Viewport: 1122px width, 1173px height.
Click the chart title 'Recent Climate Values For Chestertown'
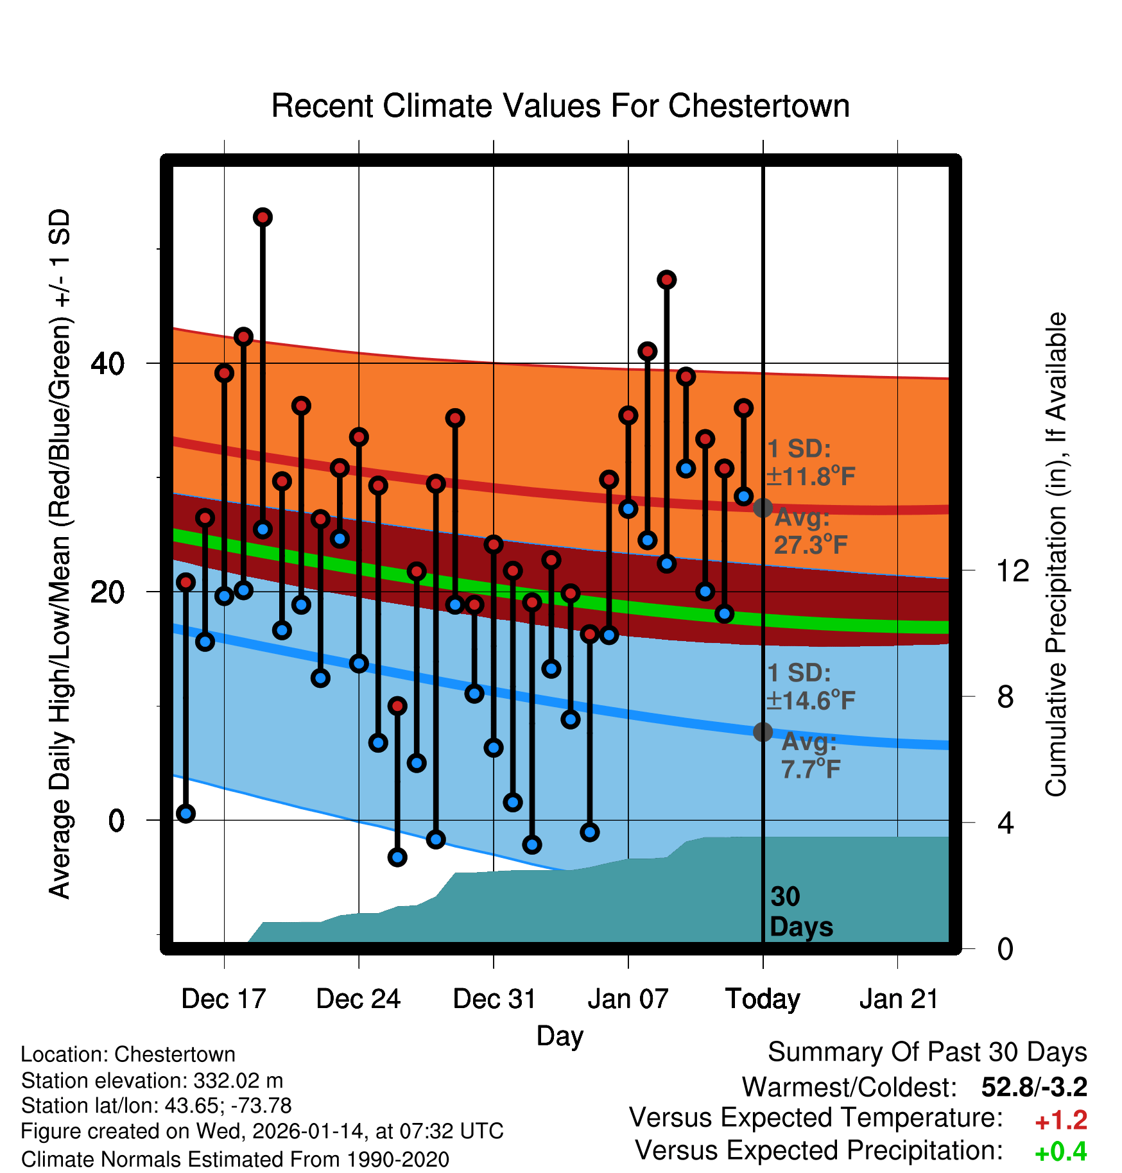560,106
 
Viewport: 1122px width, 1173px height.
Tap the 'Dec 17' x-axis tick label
223,999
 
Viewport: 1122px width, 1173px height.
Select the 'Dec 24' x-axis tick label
358,999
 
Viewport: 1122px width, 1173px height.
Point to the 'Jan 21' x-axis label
899,999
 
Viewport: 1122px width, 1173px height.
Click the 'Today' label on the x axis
763,999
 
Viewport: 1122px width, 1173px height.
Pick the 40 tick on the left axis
107,364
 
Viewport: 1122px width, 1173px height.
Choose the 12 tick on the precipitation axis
1012,570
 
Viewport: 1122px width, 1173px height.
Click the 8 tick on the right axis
1006,697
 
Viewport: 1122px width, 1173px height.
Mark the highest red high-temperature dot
263,218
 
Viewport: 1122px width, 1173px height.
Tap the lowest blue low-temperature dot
397,857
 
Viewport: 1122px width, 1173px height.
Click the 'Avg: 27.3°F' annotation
810,531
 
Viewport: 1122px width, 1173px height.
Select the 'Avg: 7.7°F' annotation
810,755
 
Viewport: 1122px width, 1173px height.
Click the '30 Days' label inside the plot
800,912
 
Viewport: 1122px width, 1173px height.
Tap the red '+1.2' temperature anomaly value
1060,1120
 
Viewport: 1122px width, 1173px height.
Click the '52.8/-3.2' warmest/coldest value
1034,1087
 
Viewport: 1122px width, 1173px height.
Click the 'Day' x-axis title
560,1036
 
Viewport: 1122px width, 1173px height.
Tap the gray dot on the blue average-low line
763,732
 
